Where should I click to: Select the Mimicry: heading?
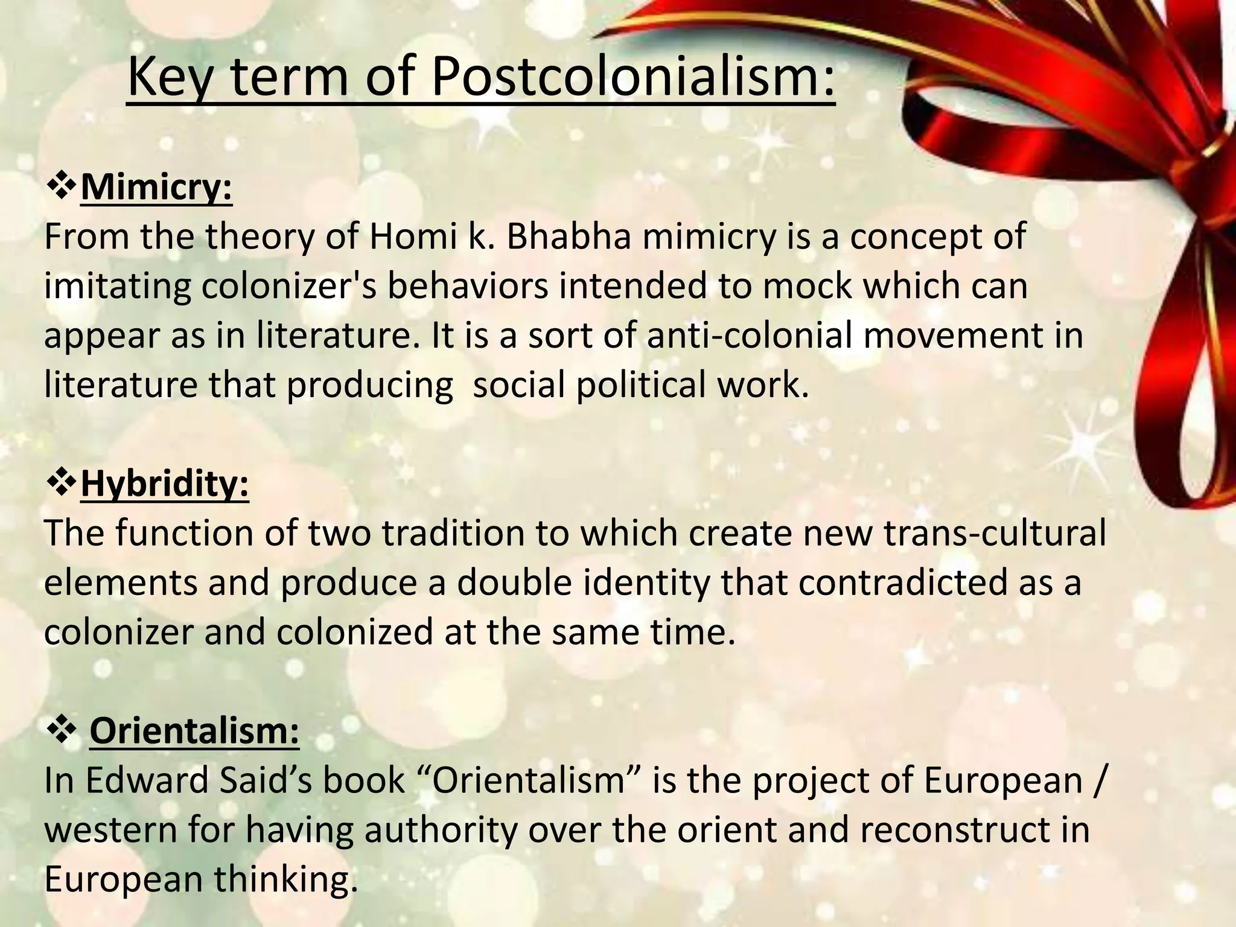[x=156, y=188]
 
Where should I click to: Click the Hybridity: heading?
[x=164, y=484]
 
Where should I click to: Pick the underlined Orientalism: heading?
[x=194, y=731]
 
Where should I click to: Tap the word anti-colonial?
[x=749, y=336]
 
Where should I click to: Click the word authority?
[x=441, y=830]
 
